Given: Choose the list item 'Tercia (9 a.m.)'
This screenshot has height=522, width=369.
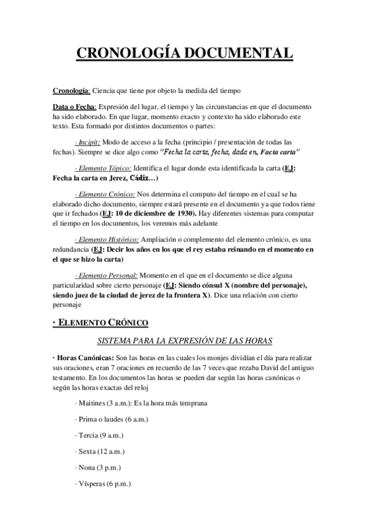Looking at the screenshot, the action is (x=99, y=435).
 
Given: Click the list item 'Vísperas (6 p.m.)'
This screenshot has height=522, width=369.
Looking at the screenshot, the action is (x=103, y=484).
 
